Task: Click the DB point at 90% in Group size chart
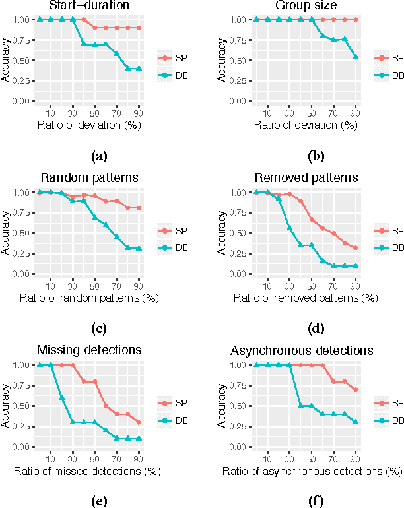(356, 57)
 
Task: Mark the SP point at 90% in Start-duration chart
(139, 28)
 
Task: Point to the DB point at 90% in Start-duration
(139, 69)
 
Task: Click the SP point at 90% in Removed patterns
(356, 248)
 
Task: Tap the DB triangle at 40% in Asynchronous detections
(300, 406)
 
